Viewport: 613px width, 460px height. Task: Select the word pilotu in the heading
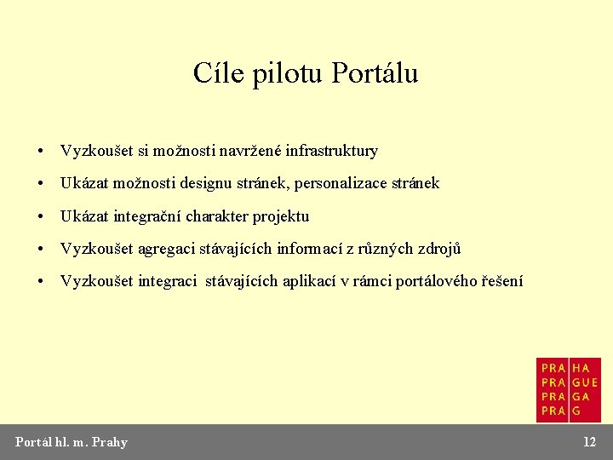point(281,74)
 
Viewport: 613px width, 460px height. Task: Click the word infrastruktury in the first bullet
point(331,151)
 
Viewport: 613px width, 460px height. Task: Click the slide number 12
point(589,441)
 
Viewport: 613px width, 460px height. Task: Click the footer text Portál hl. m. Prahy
point(72,441)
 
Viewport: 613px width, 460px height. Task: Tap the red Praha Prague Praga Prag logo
point(569,389)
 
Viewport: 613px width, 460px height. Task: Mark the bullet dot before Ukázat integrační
point(41,216)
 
